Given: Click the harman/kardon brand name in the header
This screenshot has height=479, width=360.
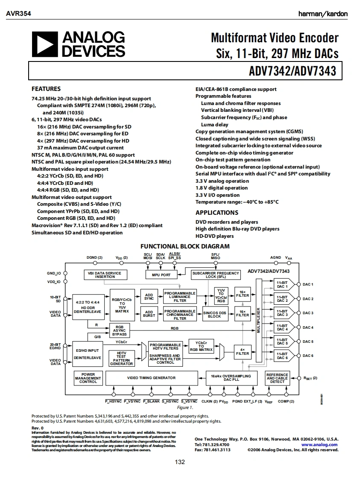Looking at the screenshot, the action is click(323, 14).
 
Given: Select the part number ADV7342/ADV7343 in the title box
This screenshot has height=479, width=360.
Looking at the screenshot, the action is click(293, 70).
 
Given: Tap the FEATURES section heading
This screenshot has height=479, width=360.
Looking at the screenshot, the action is click(46, 89).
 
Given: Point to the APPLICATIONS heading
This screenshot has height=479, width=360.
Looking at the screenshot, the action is click(217, 213).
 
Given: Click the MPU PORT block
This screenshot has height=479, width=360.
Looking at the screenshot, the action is click(161, 275).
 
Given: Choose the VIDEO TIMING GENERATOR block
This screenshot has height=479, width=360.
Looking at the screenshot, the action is click(151, 378).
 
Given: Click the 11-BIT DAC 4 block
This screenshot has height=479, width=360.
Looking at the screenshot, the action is click(282, 327).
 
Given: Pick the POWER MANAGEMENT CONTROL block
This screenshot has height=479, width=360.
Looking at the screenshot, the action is click(88, 378).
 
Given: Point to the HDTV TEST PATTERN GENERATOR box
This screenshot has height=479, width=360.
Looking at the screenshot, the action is click(121, 358).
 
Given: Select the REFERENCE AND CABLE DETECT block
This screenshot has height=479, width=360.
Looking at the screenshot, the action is click(277, 378).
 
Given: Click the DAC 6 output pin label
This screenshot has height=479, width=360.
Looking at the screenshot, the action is click(308, 356).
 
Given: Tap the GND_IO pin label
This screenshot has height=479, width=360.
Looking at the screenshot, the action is click(54, 273).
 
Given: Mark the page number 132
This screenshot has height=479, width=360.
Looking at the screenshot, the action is click(180, 462).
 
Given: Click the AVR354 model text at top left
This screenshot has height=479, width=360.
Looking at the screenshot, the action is click(18, 14).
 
